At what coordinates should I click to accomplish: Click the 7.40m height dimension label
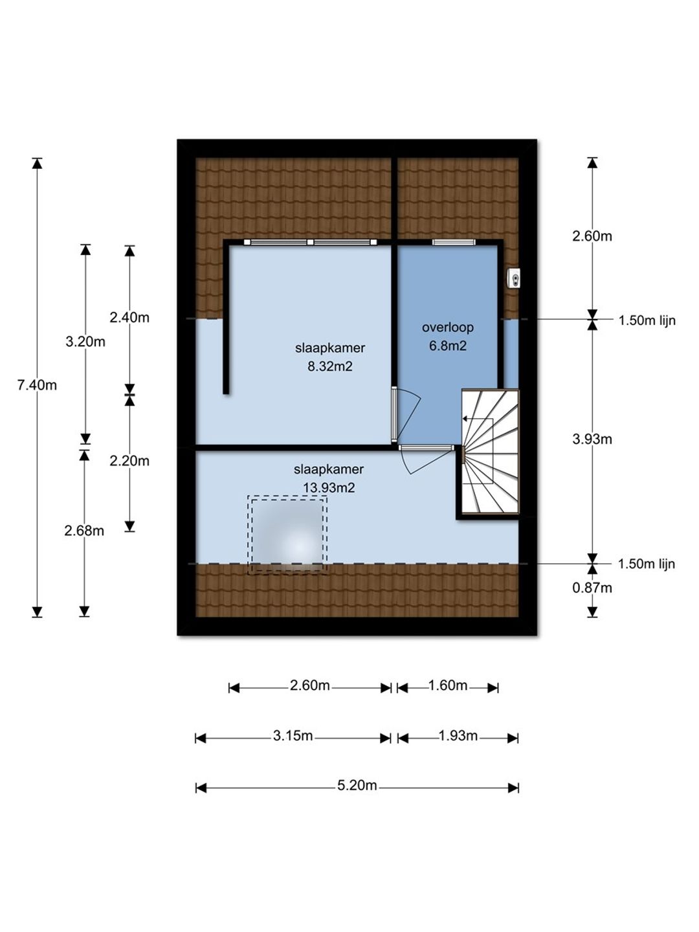point(37,386)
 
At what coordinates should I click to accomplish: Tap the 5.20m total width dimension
point(357,786)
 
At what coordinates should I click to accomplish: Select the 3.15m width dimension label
point(293,735)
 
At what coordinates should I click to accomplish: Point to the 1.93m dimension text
point(458,735)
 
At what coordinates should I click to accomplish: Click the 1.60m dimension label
point(448,685)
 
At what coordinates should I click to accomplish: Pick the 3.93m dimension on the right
point(592,439)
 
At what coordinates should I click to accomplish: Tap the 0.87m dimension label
point(592,588)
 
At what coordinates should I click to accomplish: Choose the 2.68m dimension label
point(84,531)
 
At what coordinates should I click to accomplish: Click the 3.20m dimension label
point(85,341)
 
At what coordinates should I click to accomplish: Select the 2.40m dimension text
point(129,317)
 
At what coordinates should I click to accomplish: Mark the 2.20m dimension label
point(129,461)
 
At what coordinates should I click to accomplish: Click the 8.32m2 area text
point(330,366)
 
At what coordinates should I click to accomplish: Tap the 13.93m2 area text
point(329,488)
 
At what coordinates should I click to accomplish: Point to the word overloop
point(448,327)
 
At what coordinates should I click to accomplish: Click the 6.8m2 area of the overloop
point(448,346)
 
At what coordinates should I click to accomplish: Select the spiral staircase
point(490,452)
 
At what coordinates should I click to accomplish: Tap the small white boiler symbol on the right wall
point(515,278)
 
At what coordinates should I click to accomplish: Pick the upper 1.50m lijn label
point(647,320)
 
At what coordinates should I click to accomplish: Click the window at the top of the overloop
point(453,243)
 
